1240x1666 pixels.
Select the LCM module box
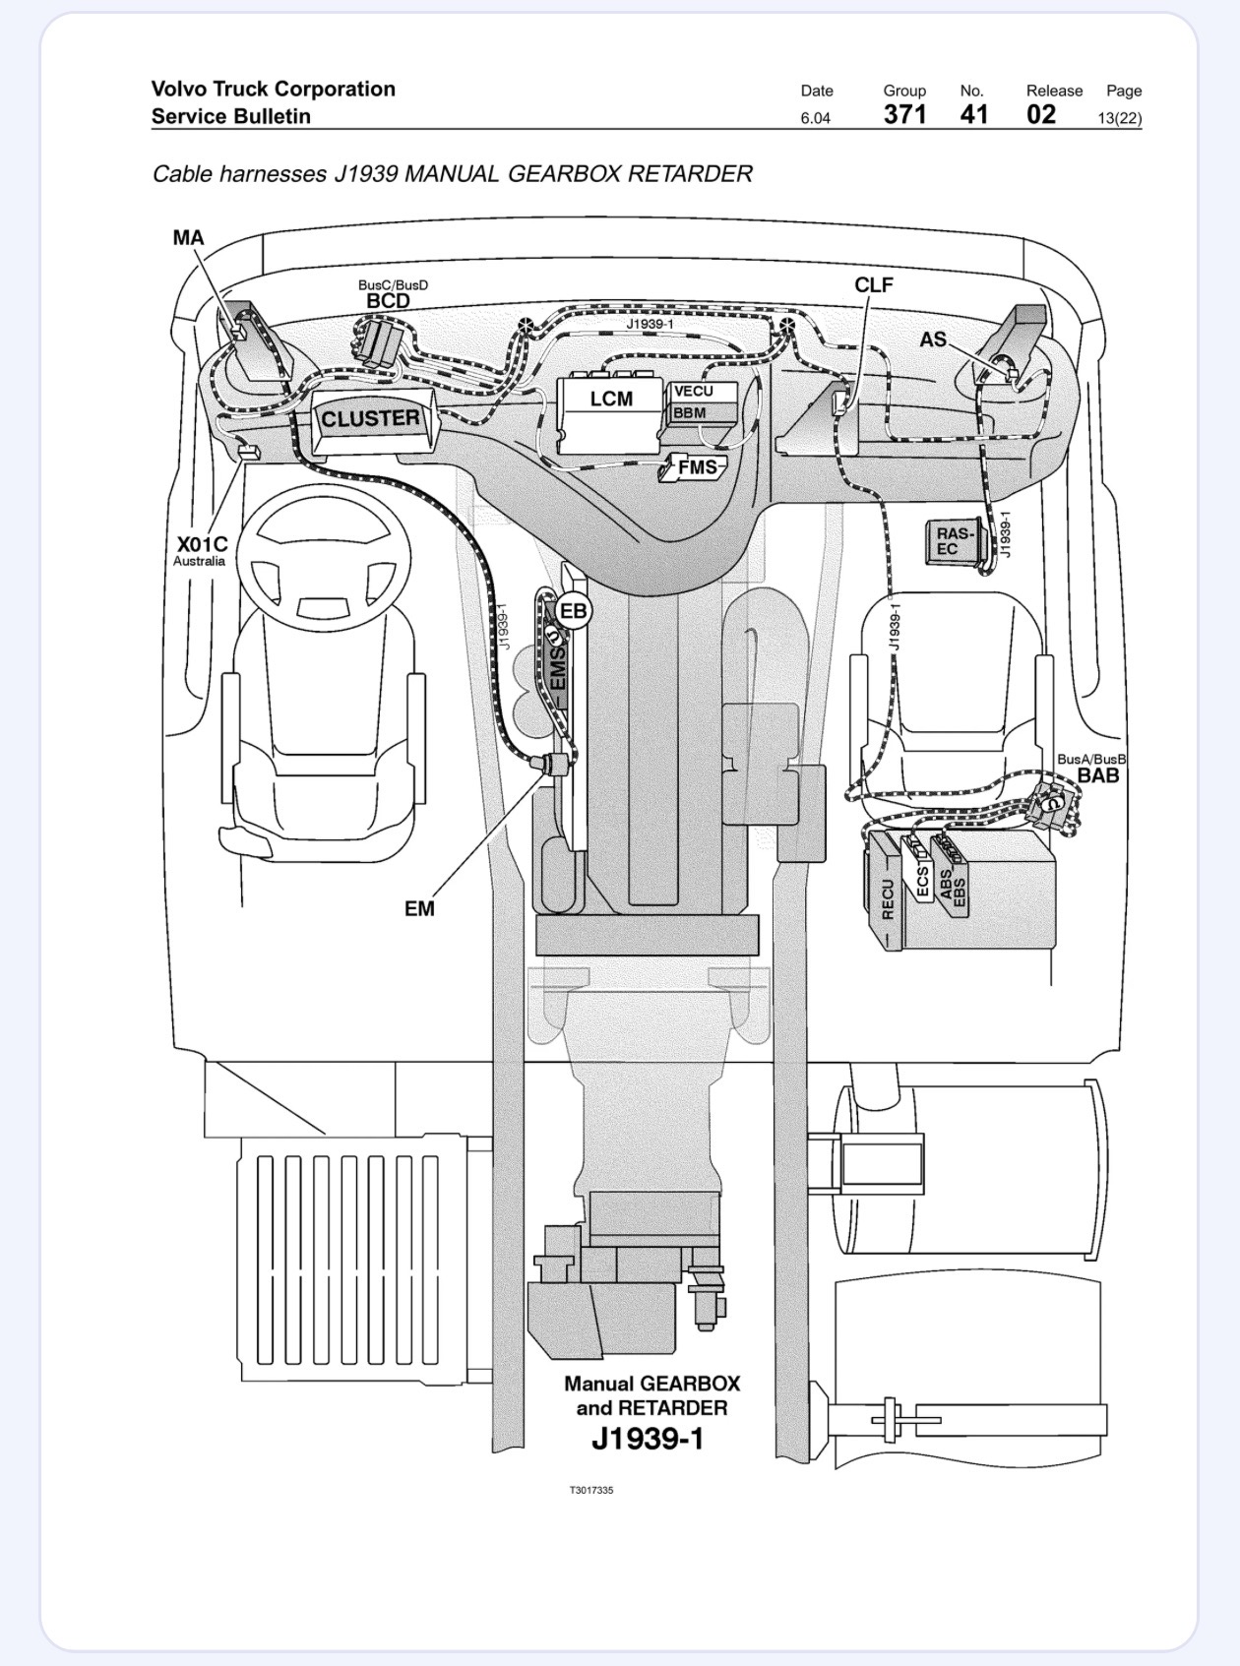(609, 414)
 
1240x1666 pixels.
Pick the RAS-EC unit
(955, 541)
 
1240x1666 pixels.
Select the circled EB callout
(574, 611)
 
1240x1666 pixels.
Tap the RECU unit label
(887, 898)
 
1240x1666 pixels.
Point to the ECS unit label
(923, 881)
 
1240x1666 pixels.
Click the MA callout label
(188, 237)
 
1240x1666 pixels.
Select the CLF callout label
(873, 285)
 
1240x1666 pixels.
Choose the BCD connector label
(389, 301)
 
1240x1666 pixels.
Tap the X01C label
(202, 543)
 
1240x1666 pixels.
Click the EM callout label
(419, 909)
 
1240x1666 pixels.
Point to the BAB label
(1098, 774)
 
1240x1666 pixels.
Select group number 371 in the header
(904, 114)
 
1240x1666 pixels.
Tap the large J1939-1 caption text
(648, 1439)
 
